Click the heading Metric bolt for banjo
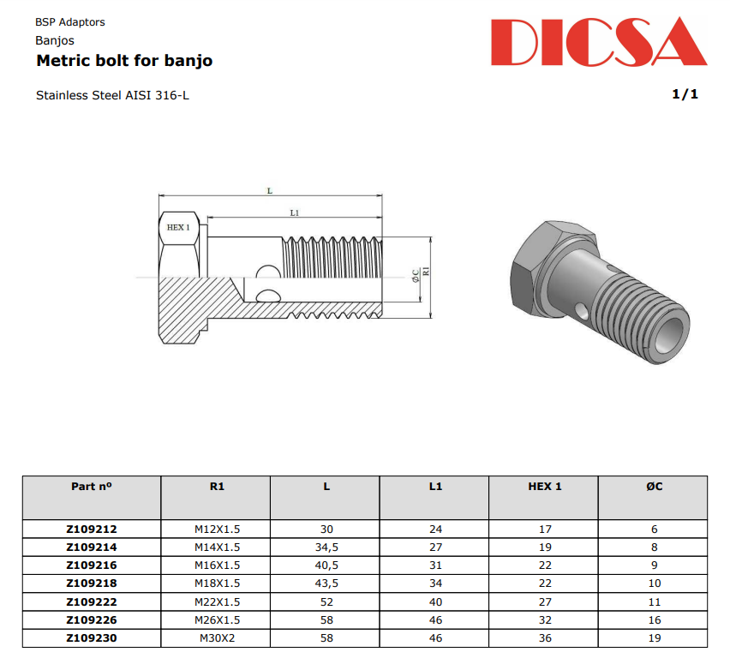coord(124,61)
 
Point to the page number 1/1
coord(685,94)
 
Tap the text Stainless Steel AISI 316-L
coord(112,95)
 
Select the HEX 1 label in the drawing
coord(178,227)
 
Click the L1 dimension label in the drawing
coord(294,212)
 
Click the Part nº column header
coord(92,487)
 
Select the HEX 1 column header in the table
coord(544,487)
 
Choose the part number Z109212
coord(92,529)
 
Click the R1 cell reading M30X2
coord(217,637)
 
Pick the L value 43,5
coord(326,583)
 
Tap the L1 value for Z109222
coord(435,601)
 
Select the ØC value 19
coord(654,637)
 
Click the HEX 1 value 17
coord(545,529)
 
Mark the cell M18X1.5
coord(217,583)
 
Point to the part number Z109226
coord(92,619)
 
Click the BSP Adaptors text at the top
coord(70,22)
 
